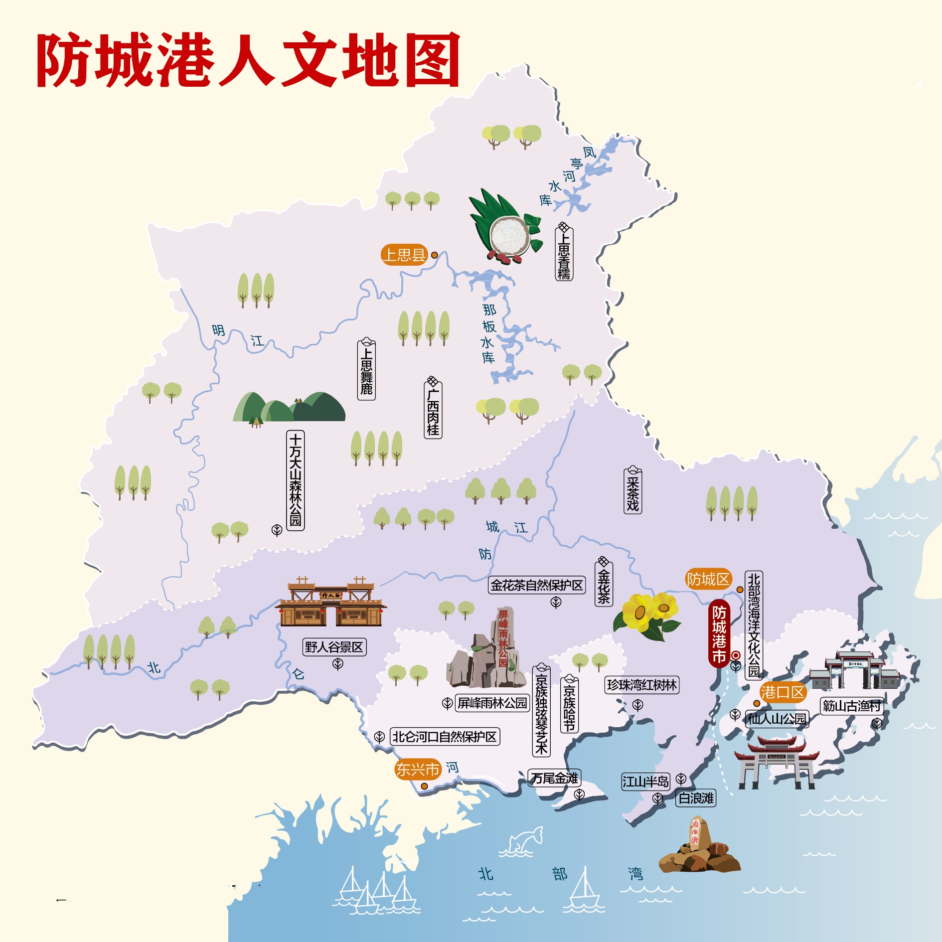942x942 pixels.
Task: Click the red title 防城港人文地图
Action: click(x=248, y=60)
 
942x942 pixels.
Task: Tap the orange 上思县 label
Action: click(x=404, y=255)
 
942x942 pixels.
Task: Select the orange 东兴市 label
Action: click(x=417, y=769)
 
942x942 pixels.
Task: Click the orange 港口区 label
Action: click(x=783, y=692)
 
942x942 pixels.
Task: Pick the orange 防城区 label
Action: click(x=708, y=579)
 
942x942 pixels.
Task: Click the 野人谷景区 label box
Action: click(x=334, y=647)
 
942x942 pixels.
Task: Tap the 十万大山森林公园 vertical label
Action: click(x=295, y=480)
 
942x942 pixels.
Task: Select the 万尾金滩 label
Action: click(x=554, y=778)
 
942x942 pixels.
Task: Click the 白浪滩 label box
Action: click(x=696, y=798)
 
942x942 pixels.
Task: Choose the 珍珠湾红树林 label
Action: click(x=642, y=685)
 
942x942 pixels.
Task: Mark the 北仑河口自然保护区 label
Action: click(x=445, y=737)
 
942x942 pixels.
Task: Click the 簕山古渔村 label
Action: click(x=851, y=706)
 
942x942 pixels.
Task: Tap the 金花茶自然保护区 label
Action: click(x=537, y=585)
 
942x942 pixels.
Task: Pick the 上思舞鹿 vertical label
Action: click(x=366, y=369)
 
